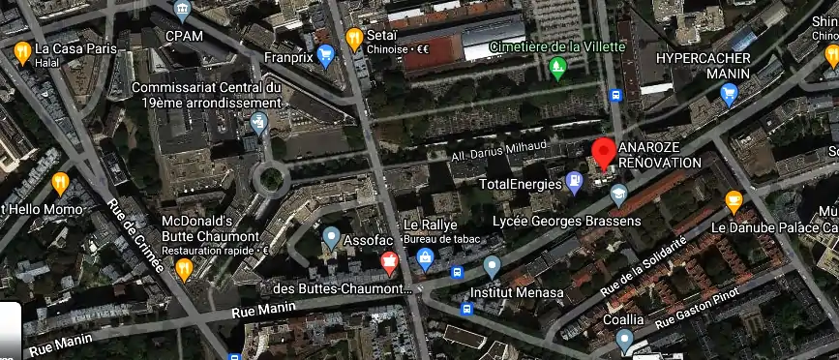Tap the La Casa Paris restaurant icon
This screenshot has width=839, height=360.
[x=22, y=51]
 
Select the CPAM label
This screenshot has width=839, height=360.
[x=182, y=36]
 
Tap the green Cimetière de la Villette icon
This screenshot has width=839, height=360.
[x=556, y=67]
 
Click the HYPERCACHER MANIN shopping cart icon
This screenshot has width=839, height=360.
[x=729, y=94]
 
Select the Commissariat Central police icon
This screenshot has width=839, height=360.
[x=257, y=123]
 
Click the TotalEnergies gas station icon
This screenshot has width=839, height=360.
[x=575, y=180]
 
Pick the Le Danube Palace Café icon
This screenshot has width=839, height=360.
[x=734, y=202]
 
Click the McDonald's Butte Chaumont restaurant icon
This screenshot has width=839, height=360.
[x=184, y=269]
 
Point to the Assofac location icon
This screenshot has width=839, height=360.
[x=331, y=236]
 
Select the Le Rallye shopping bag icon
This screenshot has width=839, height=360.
[x=424, y=256]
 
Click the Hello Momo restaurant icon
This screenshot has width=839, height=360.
[x=60, y=182]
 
